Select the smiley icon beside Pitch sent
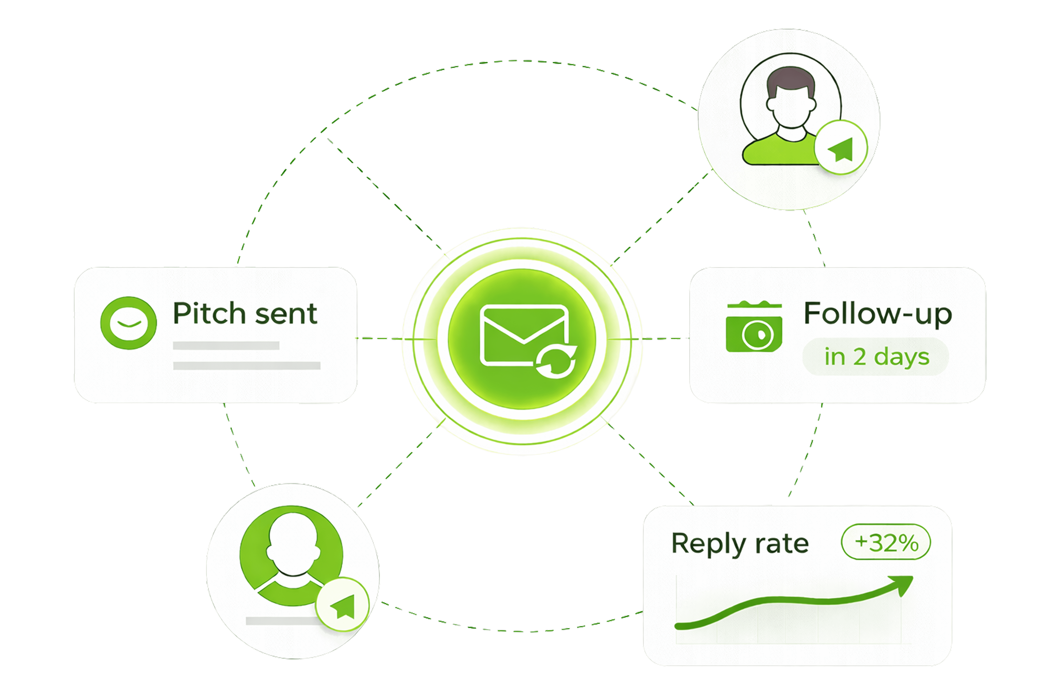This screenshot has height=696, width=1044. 128,323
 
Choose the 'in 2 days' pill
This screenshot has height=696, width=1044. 876,357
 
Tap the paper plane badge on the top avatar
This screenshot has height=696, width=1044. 841,148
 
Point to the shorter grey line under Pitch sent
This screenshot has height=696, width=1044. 226,345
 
